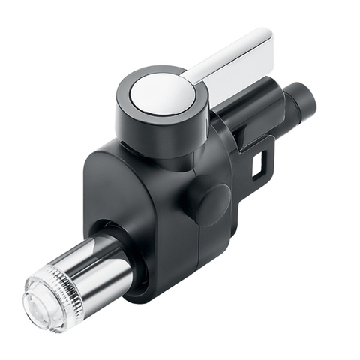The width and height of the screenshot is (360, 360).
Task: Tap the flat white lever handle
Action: (232, 60)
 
